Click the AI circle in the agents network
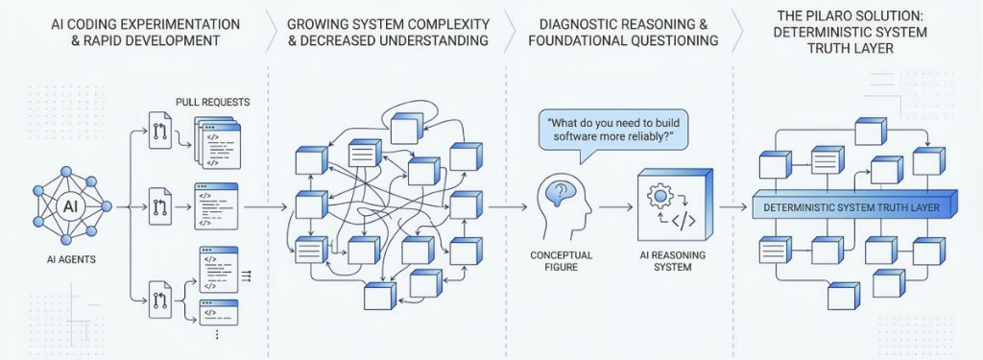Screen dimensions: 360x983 [x=71, y=205]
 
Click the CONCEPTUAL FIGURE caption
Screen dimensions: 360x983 [x=562, y=261]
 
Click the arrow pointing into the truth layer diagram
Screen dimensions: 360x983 [x=733, y=206]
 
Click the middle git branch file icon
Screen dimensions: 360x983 [x=159, y=205]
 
